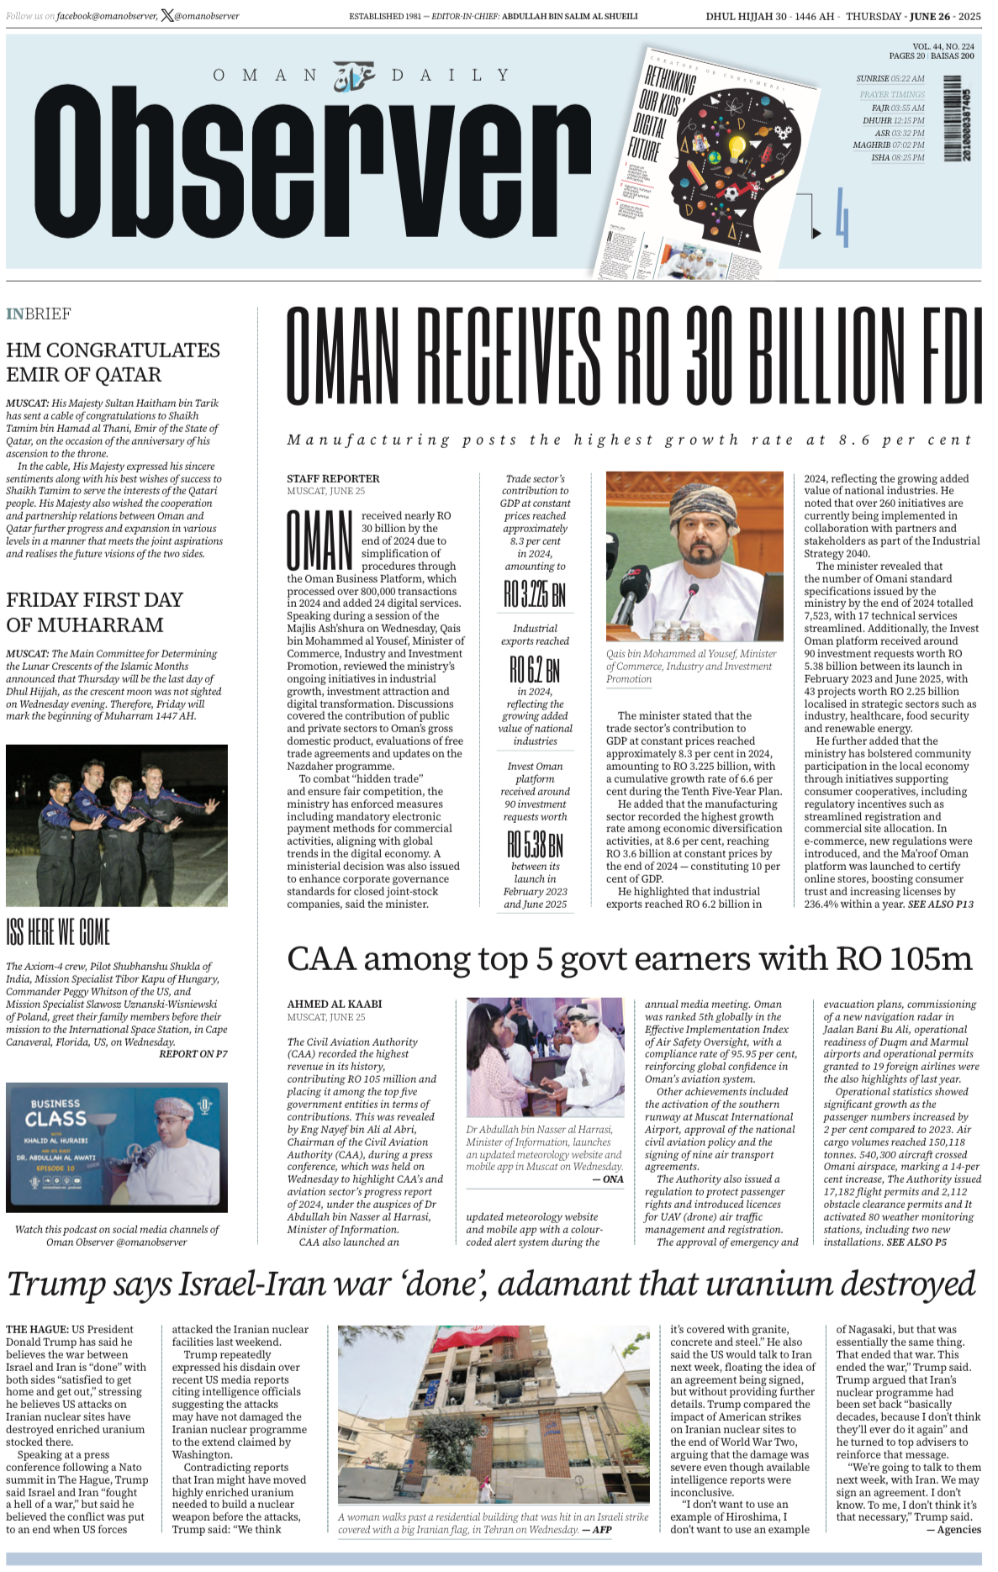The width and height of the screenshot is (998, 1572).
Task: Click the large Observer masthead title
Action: pos(311,164)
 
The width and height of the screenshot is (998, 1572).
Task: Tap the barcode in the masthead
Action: pos(954,118)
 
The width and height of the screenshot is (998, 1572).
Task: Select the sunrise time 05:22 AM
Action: pos(907,79)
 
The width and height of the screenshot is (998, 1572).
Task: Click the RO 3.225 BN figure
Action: pos(535,595)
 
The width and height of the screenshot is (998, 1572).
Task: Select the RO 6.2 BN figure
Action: pos(535,670)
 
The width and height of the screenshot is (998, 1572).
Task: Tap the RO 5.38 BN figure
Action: pos(535,843)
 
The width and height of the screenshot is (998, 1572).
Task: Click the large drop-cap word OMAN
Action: pos(319,541)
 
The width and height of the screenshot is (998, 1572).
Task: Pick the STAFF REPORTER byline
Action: pos(333,478)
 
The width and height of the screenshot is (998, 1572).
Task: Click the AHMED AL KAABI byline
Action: pos(335,1004)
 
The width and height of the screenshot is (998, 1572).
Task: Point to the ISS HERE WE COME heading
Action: pos(58,932)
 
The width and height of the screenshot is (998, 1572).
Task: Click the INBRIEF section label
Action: pos(39,314)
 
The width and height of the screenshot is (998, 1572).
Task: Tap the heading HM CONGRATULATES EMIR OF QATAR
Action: pos(113,362)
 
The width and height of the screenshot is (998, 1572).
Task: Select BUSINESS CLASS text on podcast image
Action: pos(55,1112)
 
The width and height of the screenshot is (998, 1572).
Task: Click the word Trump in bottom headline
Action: pos(55,1285)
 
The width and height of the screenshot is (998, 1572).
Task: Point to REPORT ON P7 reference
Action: pos(193,1054)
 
